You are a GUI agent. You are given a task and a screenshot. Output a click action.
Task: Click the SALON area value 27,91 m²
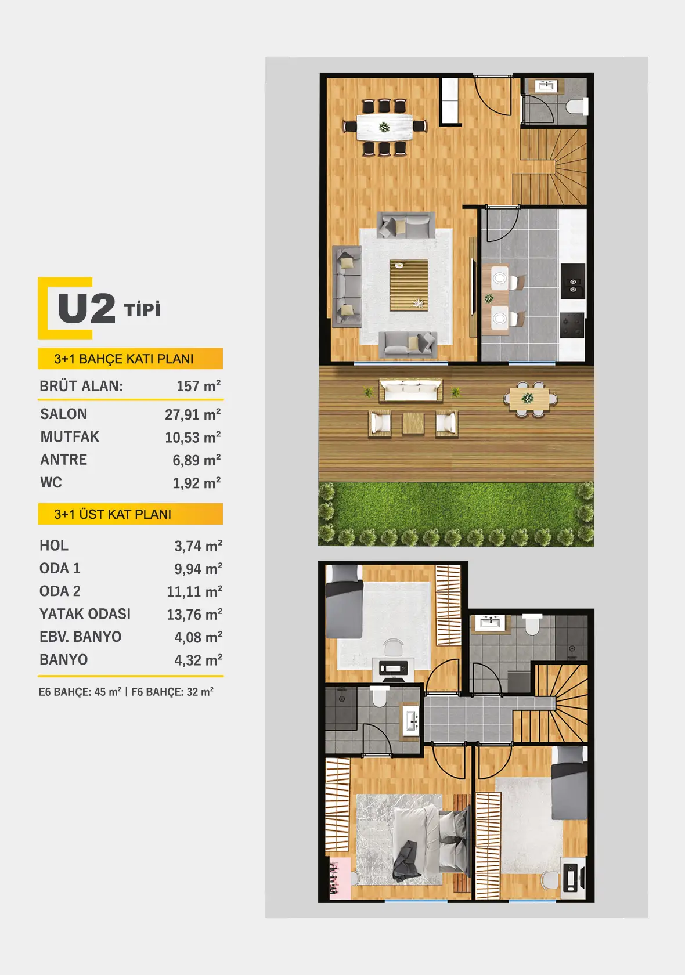193,414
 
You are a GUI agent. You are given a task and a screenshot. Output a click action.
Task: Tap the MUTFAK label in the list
70,436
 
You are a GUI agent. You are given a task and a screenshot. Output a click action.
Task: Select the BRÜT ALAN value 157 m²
199,385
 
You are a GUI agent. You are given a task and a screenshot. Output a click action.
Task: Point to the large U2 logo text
86,308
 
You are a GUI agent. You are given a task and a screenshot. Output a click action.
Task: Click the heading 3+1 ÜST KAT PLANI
113,514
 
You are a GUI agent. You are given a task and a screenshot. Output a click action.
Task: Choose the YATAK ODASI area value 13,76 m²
194,614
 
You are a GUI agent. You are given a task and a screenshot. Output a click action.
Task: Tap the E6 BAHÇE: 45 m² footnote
80,692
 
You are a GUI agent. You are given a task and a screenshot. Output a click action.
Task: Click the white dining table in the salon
384,127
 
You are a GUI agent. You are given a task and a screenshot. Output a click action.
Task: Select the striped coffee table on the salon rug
409,285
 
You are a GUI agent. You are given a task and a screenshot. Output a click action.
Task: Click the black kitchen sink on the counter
572,281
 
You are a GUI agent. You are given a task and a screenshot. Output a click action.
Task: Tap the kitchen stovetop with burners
572,325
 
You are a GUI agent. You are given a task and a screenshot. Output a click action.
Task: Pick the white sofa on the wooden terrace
410,389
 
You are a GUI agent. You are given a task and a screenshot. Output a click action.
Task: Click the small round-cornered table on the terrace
531,398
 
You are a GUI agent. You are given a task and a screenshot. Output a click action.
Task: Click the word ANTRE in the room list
64,460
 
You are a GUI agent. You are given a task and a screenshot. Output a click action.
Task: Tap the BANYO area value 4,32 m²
198,660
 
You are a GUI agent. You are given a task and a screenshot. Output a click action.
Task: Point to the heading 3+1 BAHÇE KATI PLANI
124,359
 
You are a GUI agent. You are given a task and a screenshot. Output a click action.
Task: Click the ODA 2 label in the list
60,591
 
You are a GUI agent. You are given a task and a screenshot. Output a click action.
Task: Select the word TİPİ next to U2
142,309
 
